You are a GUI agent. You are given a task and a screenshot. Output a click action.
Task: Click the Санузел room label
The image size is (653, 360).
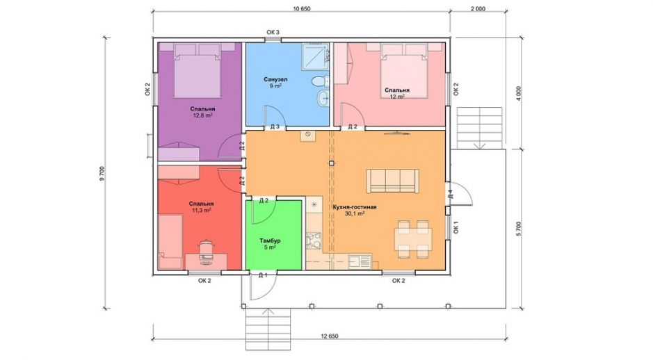coord(275,79)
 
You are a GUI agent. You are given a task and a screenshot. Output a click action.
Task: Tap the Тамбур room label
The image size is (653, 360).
coord(270,240)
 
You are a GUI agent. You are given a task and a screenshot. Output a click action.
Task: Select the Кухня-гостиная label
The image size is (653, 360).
coord(355,207)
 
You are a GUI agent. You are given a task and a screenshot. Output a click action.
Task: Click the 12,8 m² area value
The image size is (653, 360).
coord(203,115)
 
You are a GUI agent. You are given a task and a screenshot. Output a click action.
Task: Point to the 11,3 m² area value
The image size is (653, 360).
coord(201,210)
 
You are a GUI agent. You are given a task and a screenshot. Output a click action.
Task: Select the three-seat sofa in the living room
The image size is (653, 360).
coord(392,181)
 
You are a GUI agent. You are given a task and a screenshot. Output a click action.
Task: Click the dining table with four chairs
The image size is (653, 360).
coord(413,239)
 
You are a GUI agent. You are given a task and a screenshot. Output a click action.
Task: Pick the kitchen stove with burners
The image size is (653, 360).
coord(314,240)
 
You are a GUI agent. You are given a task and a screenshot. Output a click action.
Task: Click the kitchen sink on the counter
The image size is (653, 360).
coord(360,261)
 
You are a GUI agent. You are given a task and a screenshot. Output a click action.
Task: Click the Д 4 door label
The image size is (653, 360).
coord(450,194)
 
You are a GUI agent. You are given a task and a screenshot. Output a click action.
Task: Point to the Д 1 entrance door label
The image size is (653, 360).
coord(262,275)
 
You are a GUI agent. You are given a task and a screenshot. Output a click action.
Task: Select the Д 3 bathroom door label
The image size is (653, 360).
coord(275,127)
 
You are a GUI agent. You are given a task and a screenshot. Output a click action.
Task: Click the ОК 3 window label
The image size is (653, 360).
coord(273,33)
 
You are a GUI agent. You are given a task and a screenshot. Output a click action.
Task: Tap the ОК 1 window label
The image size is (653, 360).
coord(456,227)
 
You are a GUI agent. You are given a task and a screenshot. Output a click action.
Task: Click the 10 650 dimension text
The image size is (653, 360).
coord(302,9)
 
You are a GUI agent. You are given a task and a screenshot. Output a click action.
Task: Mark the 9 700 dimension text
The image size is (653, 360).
coord(102,173)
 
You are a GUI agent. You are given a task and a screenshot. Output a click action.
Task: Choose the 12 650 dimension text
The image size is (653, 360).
coord(330,336)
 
